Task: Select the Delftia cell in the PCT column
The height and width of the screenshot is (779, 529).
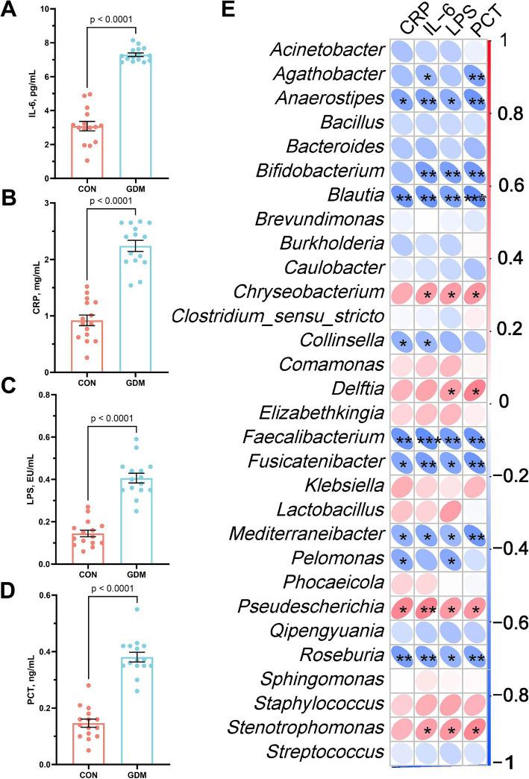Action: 471,388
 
